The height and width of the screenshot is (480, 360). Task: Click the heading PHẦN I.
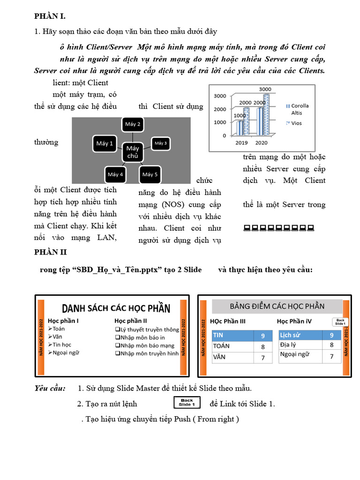[50, 16]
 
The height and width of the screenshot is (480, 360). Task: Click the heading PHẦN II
[51, 252]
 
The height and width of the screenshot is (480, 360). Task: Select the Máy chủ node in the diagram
[133, 152]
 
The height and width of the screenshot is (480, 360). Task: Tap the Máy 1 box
[105, 144]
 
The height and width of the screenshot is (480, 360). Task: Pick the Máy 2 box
[133, 125]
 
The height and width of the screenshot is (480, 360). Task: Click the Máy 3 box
[161, 143]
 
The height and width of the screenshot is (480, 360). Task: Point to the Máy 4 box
[115, 174]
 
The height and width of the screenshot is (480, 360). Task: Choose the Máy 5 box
[150, 174]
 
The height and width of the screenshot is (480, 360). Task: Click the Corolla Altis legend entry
[300, 109]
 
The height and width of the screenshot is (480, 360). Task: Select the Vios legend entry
[296, 123]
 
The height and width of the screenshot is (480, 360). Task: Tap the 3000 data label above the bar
[265, 89]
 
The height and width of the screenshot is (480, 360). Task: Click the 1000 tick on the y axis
[220, 122]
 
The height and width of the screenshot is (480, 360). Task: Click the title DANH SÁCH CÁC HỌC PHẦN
[116, 308]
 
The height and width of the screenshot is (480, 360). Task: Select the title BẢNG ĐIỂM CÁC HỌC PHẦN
[277, 306]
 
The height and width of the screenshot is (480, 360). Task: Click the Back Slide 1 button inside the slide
[340, 322]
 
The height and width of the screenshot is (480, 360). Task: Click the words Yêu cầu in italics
[50, 389]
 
